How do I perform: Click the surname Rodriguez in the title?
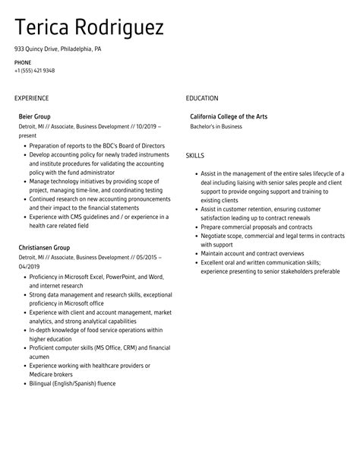click(117, 29)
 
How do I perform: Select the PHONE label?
click(23, 62)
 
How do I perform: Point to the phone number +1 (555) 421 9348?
click(34, 70)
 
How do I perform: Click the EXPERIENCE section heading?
click(31, 98)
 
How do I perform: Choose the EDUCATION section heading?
click(201, 98)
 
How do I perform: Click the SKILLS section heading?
click(194, 155)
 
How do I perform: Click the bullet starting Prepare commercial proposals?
click(248, 227)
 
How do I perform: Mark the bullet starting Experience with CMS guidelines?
click(95, 217)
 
